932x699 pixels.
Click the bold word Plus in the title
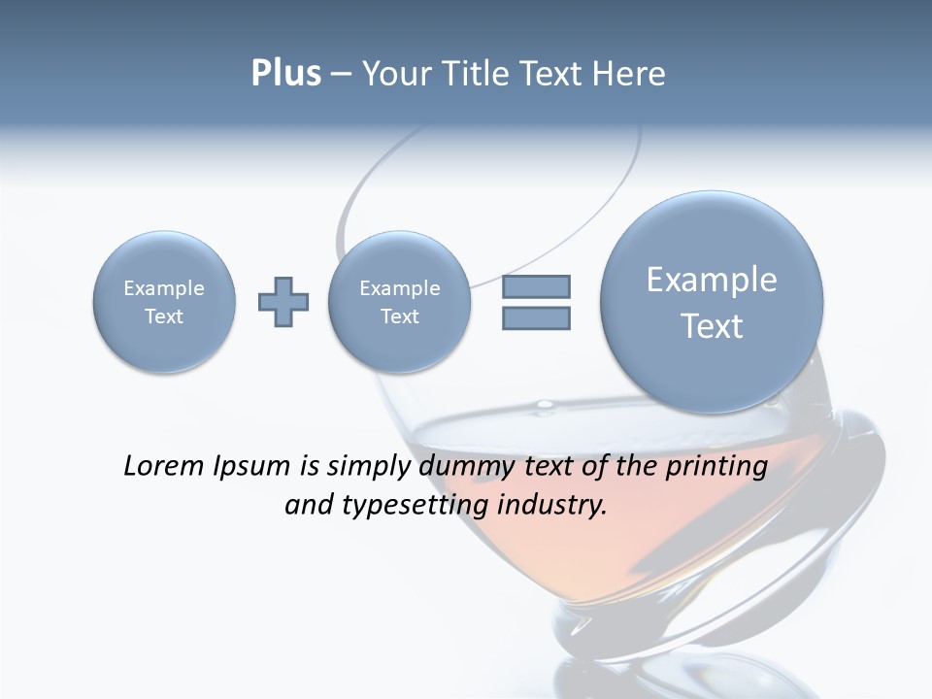[x=285, y=74]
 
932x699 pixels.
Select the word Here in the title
[x=630, y=74]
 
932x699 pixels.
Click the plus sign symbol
[x=283, y=301]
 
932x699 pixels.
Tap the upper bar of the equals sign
[x=536, y=286]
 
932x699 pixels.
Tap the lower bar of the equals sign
[x=536, y=318]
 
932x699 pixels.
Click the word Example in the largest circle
[x=712, y=280]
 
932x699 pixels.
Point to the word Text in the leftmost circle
[x=164, y=316]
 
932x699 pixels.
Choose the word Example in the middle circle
[x=400, y=288]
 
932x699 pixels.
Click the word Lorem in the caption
[x=162, y=466]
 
